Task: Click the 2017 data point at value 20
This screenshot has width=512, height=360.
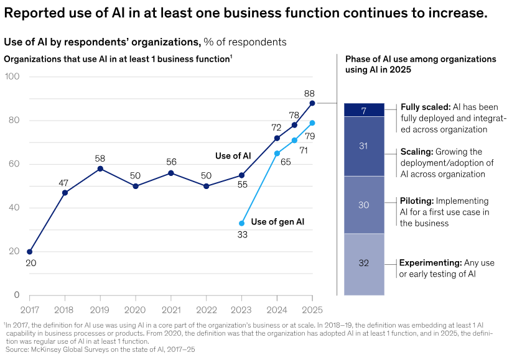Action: click(x=30, y=252)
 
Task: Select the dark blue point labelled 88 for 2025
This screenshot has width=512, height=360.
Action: click(x=312, y=103)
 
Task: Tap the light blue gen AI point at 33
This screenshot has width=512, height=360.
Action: click(x=242, y=223)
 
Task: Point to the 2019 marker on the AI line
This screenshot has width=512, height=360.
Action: click(x=100, y=168)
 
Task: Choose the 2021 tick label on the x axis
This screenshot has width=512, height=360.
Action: click(x=171, y=309)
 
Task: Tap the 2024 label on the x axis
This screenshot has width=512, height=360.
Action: click(x=277, y=309)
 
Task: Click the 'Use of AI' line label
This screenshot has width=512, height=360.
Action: click(x=233, y=155)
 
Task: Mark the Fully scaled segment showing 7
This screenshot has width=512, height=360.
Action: click(x=364, y=110)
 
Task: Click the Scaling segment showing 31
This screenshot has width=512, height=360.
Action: click(x=364, y=146)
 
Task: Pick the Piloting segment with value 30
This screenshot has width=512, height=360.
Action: click(x=364, y=205)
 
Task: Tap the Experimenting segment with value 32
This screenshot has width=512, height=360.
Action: click(x=364, y=263)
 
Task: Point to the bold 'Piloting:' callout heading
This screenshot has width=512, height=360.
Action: click(x=417, y=201)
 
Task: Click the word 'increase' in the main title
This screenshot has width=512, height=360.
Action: click(x=454, y=13)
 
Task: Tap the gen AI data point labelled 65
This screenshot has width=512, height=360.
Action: click(x=277, y=154)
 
